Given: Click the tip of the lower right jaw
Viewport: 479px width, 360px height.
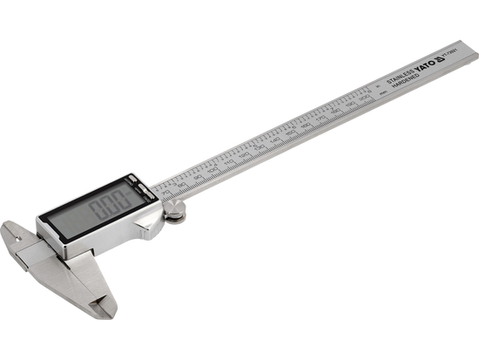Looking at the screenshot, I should click(x=105, y=310).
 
